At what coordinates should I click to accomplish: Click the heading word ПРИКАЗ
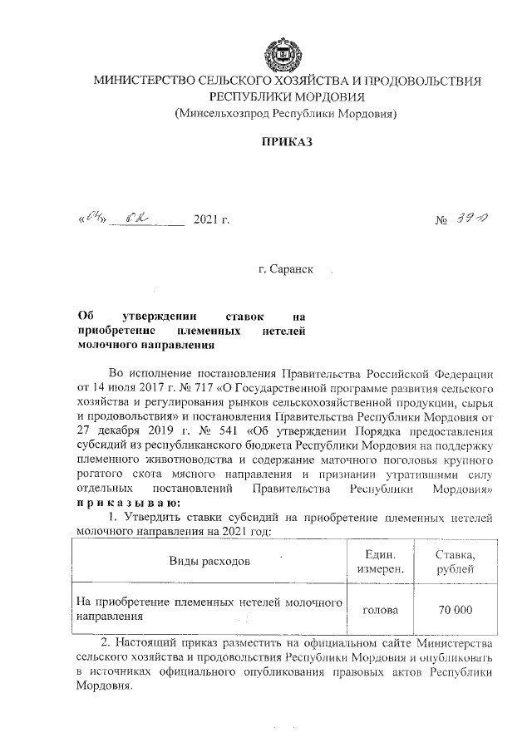[286, 143]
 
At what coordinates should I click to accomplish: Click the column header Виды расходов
[209, 561]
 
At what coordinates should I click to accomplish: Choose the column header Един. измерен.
[381, 561]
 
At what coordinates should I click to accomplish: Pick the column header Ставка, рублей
[456, 561]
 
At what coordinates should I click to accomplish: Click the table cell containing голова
[381, 609]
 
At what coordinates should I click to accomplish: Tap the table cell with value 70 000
[456, 609]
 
